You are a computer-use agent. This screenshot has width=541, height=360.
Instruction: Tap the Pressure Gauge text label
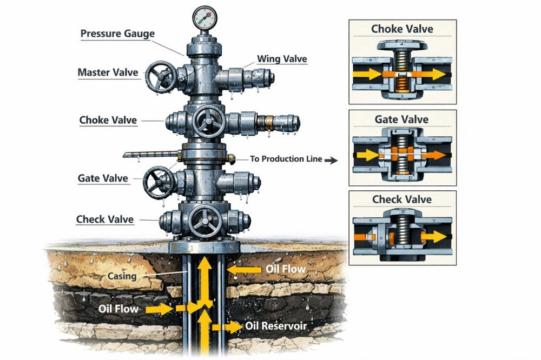(117, 34)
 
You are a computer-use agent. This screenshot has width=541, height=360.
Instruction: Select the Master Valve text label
(108, 72)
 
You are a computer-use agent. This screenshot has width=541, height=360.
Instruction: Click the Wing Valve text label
(282, 58)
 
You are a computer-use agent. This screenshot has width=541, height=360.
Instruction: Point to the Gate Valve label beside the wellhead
(103, 178)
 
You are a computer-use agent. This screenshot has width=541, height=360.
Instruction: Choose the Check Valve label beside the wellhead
(105, 219)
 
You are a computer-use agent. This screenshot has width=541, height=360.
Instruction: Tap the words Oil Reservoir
(276, 326)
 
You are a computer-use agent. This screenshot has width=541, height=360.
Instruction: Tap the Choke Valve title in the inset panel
(402, 29)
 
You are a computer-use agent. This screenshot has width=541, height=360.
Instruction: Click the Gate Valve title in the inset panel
(402, 119)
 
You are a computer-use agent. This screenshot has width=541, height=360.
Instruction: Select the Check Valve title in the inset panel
(402, 199)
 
